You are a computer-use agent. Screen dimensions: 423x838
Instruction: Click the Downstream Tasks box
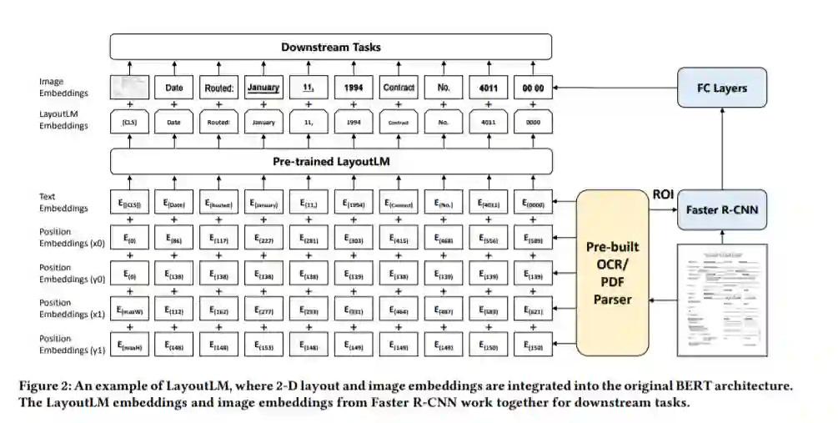(x=331, y=47)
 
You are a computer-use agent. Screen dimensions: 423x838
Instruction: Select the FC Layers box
(x=721, y=88)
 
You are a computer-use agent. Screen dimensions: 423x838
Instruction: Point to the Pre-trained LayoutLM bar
(x=331, y=161)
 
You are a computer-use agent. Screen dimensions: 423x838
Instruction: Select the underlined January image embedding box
(x=263, y=88)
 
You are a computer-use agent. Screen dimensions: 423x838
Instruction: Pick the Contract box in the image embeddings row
(x=399, y=88)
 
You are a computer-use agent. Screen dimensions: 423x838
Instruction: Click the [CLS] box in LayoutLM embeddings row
(x=129, y=122)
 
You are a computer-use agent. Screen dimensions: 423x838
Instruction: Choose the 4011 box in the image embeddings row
(x=488, y=88)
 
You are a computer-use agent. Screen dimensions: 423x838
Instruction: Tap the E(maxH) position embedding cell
(x=129, y=345)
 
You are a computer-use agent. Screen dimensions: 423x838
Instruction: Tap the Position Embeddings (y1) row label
(x=63, y=344)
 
